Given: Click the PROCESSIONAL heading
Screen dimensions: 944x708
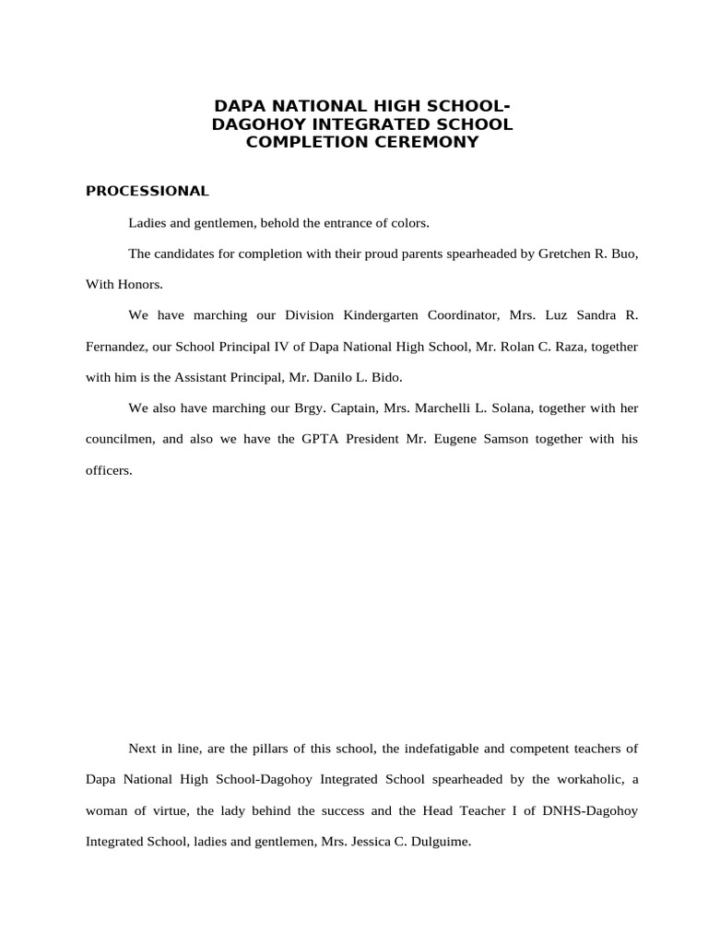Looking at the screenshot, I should pos(147,191).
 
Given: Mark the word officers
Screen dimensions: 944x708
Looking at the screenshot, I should pos(108,470).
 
